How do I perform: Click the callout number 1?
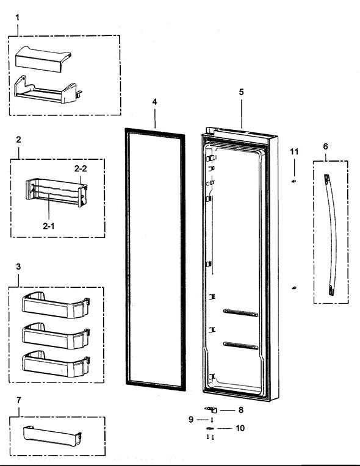point(17,17)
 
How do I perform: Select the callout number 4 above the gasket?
point(154,101)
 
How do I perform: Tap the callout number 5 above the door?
point(241,92)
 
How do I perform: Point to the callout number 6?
point(325,146)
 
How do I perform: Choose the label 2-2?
point(81,168)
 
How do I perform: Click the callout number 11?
point(293,151)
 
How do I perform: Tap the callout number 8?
point(240,410)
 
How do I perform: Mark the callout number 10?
point(240,428)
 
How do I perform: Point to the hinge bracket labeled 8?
point(209,411)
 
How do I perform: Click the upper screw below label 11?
point(294,181)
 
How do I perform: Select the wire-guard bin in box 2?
point(55,191)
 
